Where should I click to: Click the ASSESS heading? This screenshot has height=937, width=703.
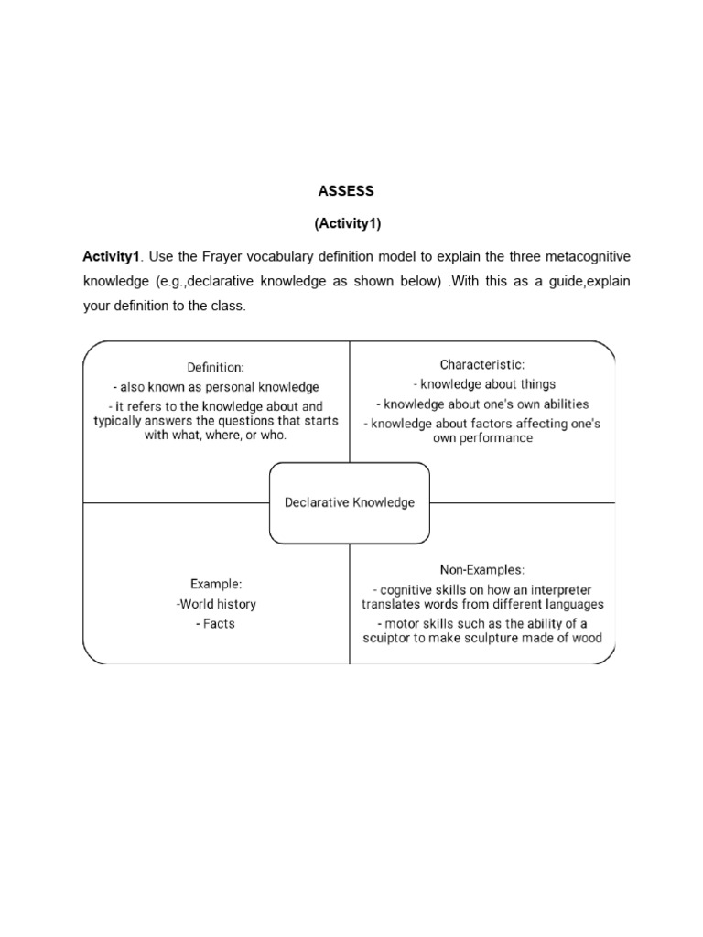tap(346, 191)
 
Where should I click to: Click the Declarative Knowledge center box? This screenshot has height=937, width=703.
tap(349, 502)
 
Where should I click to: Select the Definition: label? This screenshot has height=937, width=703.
tap(216, 367)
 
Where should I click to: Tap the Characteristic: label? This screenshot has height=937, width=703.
tap(482, 364)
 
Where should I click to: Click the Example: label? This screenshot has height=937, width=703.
tap(216, 583)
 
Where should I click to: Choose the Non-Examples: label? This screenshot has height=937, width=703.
tap(482, 568)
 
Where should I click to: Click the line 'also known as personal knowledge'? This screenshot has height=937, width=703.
tap(216, 387)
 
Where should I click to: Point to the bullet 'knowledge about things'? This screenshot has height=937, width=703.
tap(482, 384)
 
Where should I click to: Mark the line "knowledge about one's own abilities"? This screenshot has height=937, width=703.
tap(482, 404)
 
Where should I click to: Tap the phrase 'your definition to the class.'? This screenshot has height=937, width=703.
tap(165, 306)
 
